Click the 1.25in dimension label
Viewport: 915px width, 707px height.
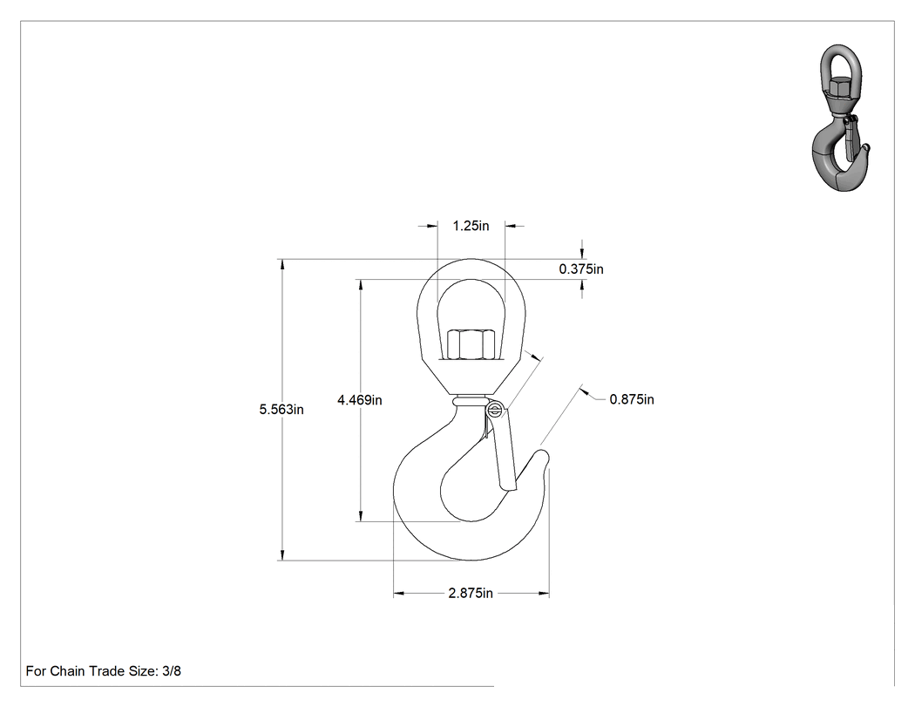(x=471, y=226)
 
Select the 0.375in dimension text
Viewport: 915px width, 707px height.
(x=581, y=269)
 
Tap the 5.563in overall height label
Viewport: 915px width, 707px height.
(x=281, y=409)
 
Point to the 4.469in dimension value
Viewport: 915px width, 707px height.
(x=359, y=400)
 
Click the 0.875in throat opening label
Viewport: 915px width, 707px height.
(x=632, y=399)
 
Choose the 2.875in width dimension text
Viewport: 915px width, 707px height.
(x=471, y=593)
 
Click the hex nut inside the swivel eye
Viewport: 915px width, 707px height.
(x=471, y=345)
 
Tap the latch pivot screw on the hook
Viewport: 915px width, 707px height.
(x=496, y=410)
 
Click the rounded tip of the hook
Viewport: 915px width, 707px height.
(x=543, y=455)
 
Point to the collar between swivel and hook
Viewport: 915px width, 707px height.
(x=471, y=402)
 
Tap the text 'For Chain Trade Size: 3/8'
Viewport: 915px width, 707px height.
(x=104, y=671)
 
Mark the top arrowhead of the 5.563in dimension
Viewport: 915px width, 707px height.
(x=282, y=264)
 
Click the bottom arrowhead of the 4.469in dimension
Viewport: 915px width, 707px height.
(x=361, y=515)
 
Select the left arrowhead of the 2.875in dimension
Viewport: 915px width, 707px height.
(x=399, y=594)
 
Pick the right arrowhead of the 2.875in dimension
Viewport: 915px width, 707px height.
(x=543, y=594)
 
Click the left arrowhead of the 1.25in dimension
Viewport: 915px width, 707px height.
(x=432, y=226)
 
